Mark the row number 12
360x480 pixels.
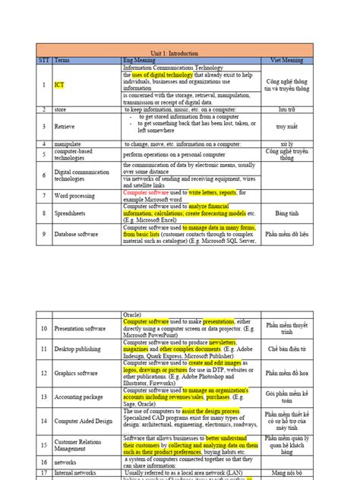click(x=44, y=373)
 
